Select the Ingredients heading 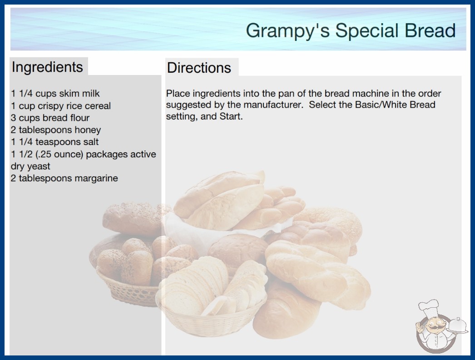pyautogui.click(x=47, y=67)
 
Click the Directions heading pyautogui.click(x=199, y=68)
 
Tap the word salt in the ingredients pyautogui.click(x=90, y=142)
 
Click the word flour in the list pyautogui.click(x=79, y=118)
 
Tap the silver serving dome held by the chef pyautogui.click(x=457, y=325)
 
